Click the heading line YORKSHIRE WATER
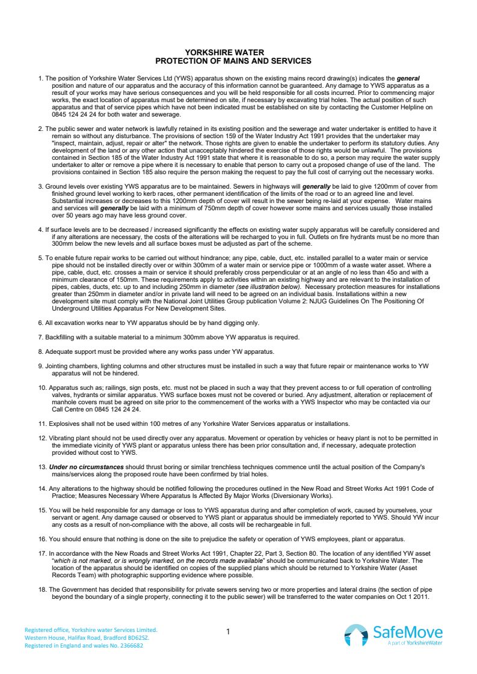point(233,53)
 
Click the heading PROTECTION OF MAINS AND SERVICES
point(233,61)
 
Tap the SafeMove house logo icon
point(355,634)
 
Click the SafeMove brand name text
point(407,631)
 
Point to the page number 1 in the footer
point(229,631)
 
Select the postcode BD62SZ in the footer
point(143,638)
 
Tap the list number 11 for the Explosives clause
point(42,424)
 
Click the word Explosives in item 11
point(64,424)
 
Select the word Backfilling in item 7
point(61,337)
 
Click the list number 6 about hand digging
point(40,323)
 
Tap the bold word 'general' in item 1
point(407,79)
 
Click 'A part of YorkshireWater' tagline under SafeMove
point(415,643)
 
